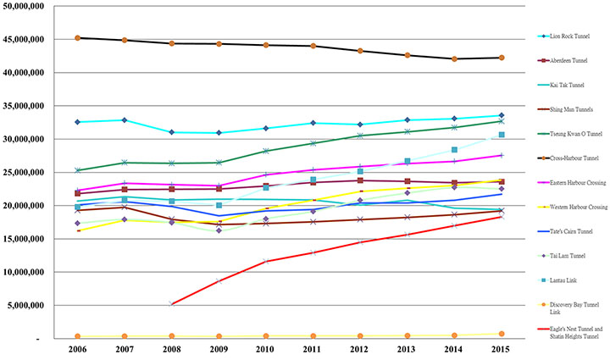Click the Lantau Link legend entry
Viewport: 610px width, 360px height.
556,280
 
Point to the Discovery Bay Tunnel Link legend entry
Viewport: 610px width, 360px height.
566,307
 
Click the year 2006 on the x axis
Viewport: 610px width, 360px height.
78,350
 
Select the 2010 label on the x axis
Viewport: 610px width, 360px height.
266,350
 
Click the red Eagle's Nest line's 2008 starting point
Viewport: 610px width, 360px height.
172,303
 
